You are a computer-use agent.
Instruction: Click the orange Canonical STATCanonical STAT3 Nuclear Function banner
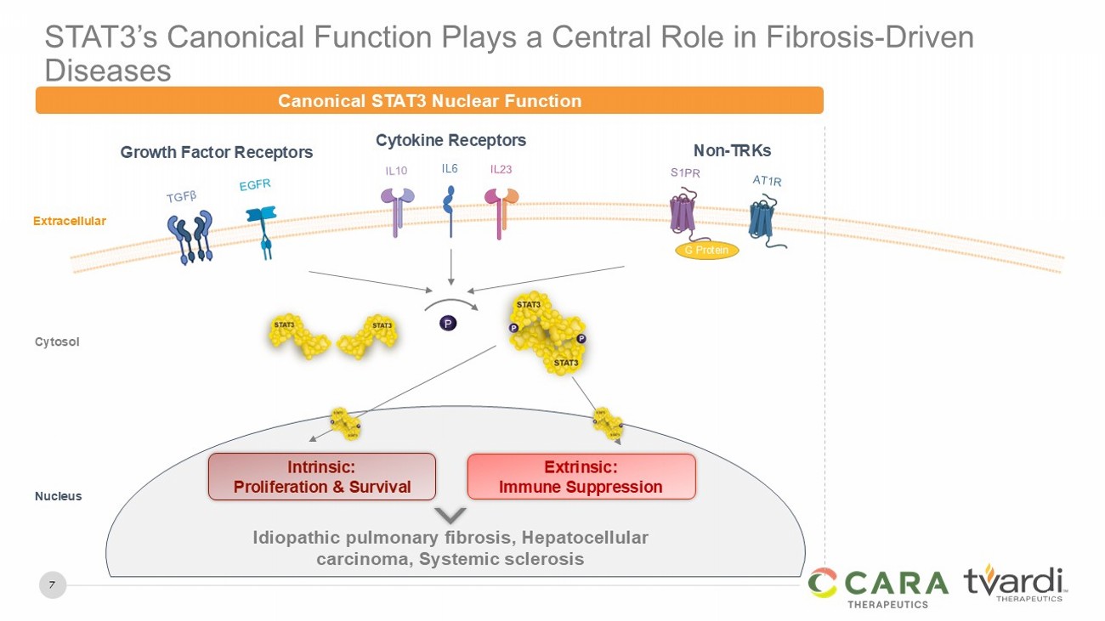429,100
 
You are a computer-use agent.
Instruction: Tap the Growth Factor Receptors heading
217,153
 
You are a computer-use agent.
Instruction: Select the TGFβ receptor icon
191,237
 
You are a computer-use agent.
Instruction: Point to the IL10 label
396,171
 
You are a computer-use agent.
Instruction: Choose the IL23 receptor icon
501,209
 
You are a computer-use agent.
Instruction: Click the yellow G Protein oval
706,251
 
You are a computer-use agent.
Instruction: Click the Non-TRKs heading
732,151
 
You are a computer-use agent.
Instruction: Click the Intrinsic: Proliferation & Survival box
322,477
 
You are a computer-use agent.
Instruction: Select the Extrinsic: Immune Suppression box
581,477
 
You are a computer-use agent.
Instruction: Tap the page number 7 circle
53,585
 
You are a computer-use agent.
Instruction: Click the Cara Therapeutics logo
878,587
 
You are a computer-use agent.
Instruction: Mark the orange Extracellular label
70,221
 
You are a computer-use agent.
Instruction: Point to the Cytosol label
57,342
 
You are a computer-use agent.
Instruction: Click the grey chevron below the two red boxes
450,516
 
